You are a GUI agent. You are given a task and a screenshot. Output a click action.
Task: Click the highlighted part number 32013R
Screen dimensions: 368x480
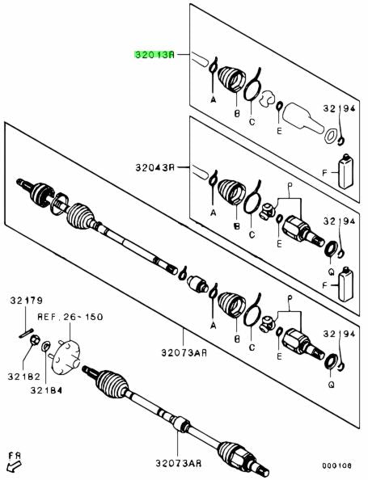point(154,55)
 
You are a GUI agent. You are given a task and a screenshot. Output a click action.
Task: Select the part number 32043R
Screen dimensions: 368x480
point(155,168)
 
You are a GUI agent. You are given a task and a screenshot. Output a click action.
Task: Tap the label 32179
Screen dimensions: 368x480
point(27,301)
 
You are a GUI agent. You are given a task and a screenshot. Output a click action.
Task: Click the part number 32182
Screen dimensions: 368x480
point(24,377)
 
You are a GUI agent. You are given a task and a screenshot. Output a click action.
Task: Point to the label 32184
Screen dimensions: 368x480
point(46,390)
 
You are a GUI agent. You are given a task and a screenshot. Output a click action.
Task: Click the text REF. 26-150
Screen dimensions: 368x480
point(70,317)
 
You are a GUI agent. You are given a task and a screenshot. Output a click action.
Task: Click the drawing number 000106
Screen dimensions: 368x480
point(336,466)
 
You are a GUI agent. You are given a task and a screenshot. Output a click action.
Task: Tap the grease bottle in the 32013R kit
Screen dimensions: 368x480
point(345,171)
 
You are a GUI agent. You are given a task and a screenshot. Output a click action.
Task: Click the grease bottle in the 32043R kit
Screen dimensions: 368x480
point(345,284)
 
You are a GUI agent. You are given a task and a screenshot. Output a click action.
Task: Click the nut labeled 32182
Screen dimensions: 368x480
point(35,339)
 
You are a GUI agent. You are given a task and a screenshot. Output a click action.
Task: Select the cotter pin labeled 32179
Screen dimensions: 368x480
point(26,333)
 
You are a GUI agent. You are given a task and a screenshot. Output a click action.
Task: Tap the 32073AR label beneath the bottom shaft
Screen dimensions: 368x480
point(178,463)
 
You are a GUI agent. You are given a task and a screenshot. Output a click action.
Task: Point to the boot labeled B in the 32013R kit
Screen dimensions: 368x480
point(231,78)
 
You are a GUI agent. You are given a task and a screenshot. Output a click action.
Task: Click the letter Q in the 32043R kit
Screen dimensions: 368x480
point(331,271)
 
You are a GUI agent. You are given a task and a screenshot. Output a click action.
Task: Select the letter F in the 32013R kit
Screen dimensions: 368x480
point(325,173)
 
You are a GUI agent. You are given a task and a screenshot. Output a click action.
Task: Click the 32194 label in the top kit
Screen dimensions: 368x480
point(339,108)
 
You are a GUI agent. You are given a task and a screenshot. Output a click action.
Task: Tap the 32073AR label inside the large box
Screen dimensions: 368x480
point(184,353)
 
